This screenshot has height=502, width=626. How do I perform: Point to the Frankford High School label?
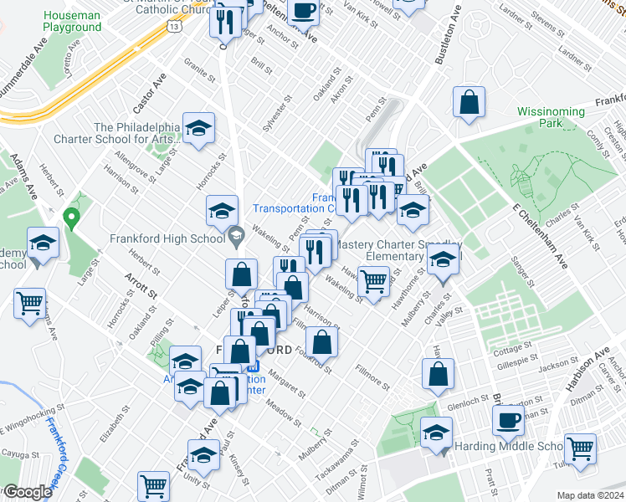tap(167, 237)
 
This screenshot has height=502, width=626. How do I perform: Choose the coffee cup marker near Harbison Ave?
tap(507, 420)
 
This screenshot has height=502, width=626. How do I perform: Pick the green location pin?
tap(72, 219)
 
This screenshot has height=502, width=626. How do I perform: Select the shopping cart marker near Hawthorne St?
tap(374, 279)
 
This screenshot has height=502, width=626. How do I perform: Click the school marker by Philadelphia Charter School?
tap(198, 128)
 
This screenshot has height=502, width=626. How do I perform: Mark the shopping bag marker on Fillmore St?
tap(438, 374)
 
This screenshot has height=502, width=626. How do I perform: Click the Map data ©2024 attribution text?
tap(590, 495)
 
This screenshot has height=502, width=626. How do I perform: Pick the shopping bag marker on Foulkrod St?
tap(321, 341)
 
